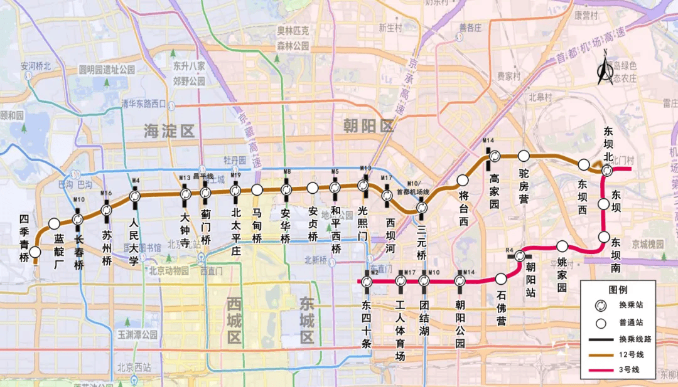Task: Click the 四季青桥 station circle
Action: [35, 252]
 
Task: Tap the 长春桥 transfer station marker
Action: [78, 219]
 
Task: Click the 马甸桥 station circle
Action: [257, 189]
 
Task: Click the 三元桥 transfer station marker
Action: [422, 207]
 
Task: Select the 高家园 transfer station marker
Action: [494, 156]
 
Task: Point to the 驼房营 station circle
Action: [524, 156]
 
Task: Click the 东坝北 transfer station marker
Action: [607, 171]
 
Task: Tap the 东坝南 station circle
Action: [604, 236]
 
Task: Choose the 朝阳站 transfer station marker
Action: [520, 256]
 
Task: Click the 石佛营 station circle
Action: [501, 278]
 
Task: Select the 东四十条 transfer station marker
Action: [367, 282]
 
